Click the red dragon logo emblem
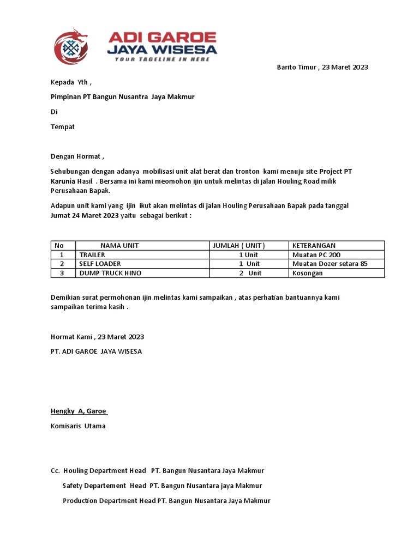(71, 46)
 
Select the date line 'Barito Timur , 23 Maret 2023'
(322, 68)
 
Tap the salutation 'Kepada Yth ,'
(71, 82)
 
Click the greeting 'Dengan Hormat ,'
(77, 157)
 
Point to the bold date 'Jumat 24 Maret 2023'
(85, 215)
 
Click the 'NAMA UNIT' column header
(119, 246)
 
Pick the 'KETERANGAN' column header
(314, 246)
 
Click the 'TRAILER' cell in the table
(92, 255)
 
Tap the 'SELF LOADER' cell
(100, 264)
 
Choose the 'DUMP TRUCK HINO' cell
(110, 273)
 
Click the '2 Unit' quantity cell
(250, 273)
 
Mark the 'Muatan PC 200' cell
(316, 255)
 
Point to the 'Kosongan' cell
(307, 273)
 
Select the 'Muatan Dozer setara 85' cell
(330, 264)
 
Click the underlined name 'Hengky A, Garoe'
(79, 411)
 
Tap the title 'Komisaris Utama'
(78, 426)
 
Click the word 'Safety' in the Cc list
(74, 486)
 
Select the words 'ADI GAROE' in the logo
(162, 38)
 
